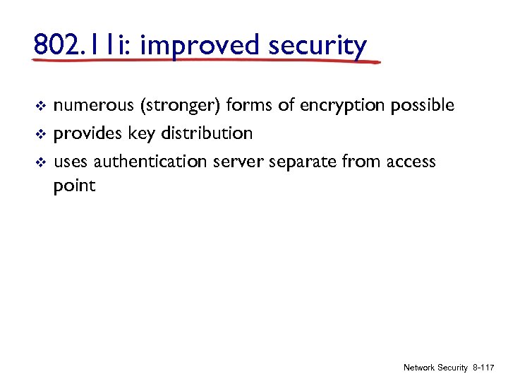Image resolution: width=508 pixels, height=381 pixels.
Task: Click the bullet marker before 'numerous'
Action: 40,107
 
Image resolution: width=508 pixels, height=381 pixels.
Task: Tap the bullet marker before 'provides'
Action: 40,133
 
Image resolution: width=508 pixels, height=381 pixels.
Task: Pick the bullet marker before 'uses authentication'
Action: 40,162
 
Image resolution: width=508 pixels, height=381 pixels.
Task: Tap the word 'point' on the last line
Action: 74,187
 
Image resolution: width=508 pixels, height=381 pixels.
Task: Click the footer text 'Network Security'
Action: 435,368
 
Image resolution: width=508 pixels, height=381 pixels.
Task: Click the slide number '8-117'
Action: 484,368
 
